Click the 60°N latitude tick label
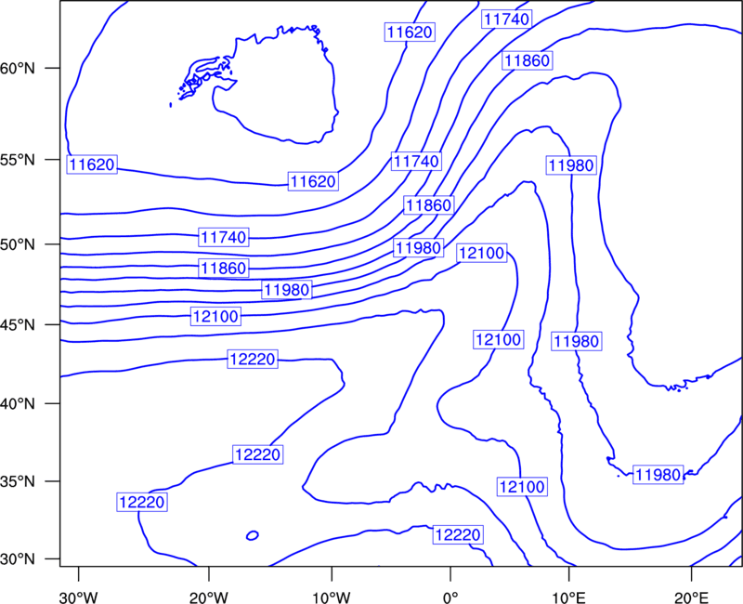point(18,69)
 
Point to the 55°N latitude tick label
point(18,160)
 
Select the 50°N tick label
point(18,244)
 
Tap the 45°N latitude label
point(18,324)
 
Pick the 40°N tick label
point(18,404)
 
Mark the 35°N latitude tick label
point(18,481)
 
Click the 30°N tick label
point(18,559)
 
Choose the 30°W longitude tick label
point(79,597)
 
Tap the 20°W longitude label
point(209,597)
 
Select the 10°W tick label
point(332,597)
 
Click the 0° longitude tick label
point(450,597)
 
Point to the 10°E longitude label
point(568,597)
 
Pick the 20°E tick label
point(691,597)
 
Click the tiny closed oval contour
point(253,535)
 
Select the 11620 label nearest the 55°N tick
point(91,164)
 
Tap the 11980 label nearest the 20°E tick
point(658,474)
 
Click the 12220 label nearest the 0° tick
point(458,535)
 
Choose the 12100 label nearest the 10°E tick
point(522,486)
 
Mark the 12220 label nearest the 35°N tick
point(142,502)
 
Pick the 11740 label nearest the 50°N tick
point(224,237)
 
